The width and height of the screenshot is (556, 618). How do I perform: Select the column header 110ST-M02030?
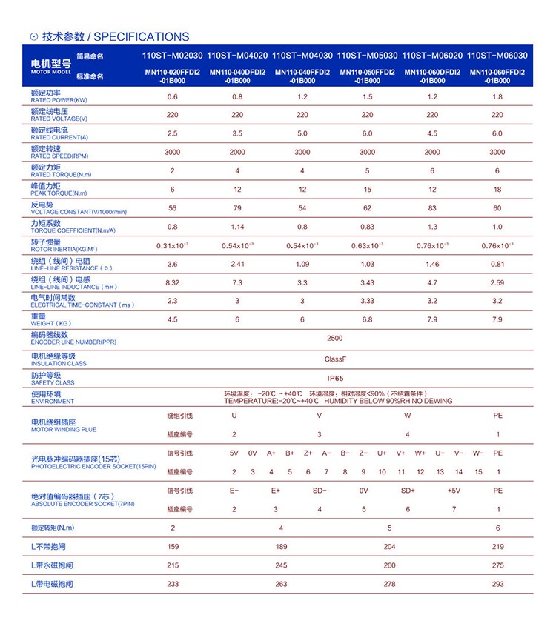[x=172, y=55]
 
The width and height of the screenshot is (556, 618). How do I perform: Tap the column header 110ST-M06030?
[x=497, y=55]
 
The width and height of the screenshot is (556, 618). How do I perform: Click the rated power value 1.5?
[x=368, y=97]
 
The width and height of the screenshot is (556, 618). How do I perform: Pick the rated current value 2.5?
[x=173, y=134]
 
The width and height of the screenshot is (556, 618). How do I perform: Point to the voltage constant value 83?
[x=432, y=208]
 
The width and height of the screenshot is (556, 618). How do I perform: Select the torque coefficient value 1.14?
[x=237, y=227]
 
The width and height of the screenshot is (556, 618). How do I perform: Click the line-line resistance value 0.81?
[x=497, y=264]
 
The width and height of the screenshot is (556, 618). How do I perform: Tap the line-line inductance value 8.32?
[x=173, y=282]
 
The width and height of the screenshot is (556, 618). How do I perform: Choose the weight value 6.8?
[x=368, y=319]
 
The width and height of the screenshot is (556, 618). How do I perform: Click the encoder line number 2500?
[x=335, y=338]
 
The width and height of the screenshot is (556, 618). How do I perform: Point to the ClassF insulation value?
[x=335, y=359]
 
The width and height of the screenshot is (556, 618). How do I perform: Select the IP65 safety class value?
[x=335, y=378]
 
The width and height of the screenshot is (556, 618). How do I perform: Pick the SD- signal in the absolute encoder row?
[x=320, y=491]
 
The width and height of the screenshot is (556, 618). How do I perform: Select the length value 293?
[x=497, y=584]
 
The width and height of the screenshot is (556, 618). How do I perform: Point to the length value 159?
[x=173, y=547]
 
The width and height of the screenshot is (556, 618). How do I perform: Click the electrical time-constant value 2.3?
[x=173, y=301]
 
